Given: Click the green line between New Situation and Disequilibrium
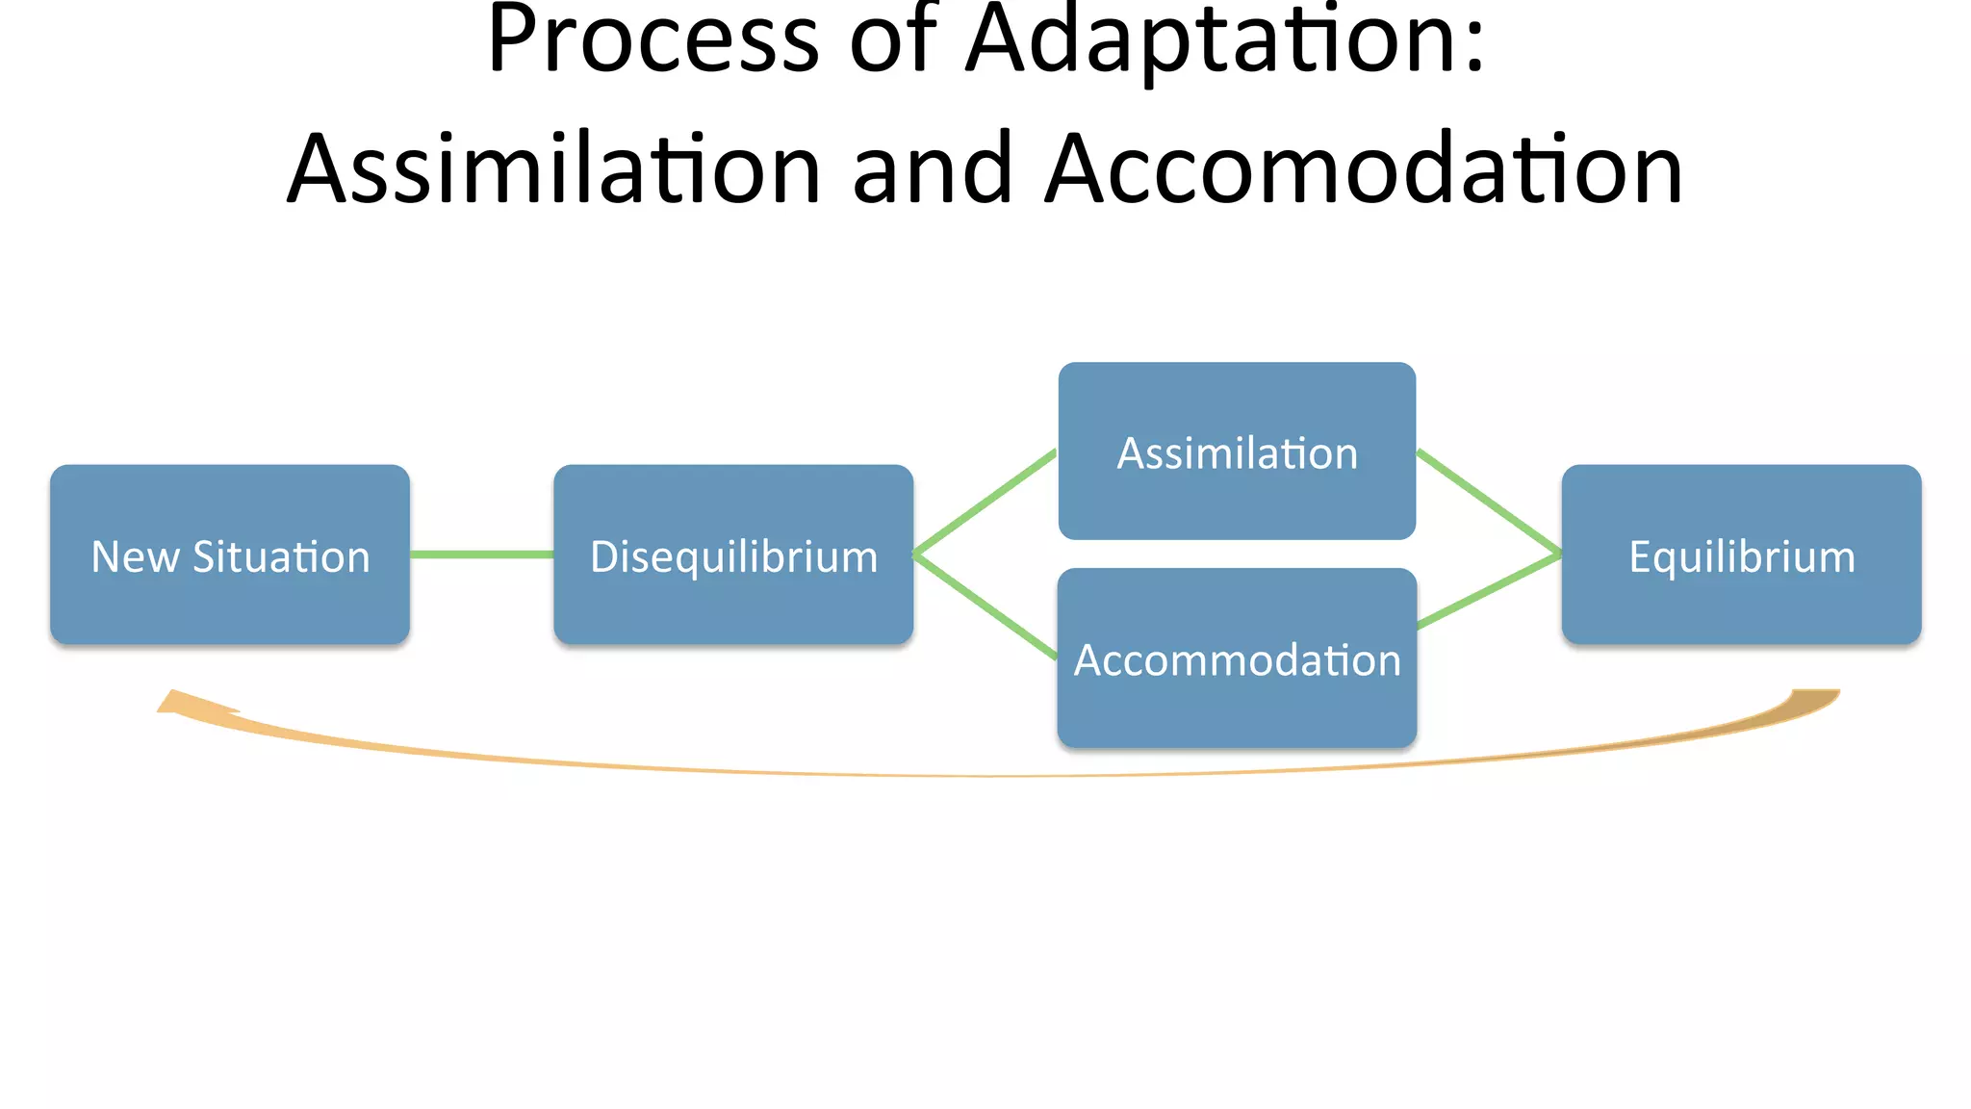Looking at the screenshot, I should (x=481, y=554).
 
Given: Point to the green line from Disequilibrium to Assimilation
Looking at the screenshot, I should (x=985, y=503).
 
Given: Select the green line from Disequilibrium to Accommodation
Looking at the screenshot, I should (x=985, y=606).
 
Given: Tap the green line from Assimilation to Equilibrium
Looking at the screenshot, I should (x=1489, y=502).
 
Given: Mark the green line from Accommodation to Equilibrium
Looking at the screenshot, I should (x=1489, y=591).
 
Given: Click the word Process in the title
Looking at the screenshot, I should (x=653, y=40).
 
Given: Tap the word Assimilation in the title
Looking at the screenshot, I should (x=554, y=169).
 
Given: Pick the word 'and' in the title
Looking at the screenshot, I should (x=933, y=169).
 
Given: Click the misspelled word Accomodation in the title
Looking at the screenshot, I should (x=1364, y=169).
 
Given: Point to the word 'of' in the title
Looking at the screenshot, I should (x=894, y=40).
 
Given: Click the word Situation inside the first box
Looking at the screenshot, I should (x=281, y=557).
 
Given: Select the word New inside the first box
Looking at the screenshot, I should (x=135, y=557).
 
